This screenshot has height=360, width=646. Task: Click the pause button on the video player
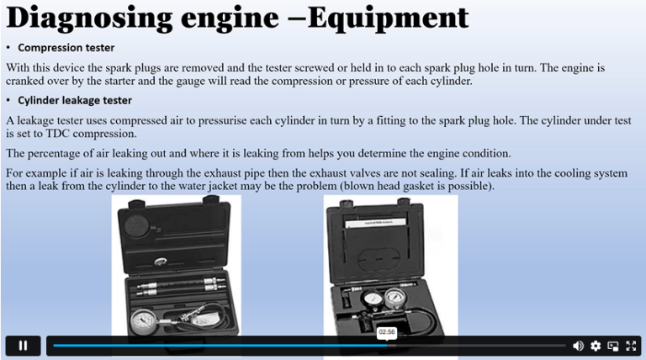(23, 345)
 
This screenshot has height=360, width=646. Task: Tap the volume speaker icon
(578, 346)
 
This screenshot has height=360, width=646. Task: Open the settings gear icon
(596, 346)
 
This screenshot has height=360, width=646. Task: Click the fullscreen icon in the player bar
(631, 346)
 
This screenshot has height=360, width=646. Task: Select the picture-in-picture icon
(613, 346)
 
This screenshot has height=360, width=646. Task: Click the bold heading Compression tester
(66, 48)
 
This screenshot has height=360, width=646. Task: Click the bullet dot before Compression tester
(8, 48)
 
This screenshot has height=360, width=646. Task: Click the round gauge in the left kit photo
(147, 324)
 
